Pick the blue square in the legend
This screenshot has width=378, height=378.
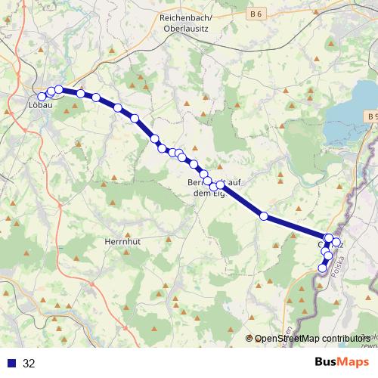tap(11, 364)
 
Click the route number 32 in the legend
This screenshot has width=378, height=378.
tap(29, 364)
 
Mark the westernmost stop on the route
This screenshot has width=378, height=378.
tap(42, 97)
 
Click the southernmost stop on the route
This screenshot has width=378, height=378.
tap(323, 268)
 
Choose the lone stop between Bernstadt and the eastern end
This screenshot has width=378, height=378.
tap(264, 216)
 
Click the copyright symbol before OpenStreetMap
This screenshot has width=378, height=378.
tap(250, 339)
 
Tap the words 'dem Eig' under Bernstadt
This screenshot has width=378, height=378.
tap(206, 194)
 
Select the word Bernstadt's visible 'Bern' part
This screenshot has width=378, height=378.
tap(197, 183)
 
